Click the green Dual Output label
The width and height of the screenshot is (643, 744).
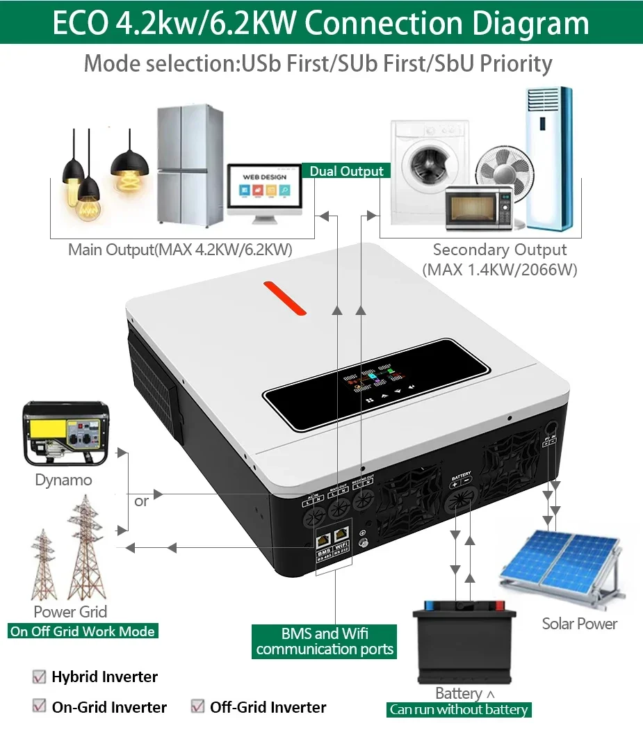[346, 171]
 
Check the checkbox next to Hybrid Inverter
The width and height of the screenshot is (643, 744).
[39, 677]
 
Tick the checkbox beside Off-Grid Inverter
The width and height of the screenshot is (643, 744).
[197, 707]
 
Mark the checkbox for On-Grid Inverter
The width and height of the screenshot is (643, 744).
[39, 707]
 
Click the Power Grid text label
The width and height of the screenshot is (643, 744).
[70, 612]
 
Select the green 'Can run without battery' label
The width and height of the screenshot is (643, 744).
[459, 710]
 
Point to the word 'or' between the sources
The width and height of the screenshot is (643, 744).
[141, 501]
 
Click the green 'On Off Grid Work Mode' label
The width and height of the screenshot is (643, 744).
[83, 631]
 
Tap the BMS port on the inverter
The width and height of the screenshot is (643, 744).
[325, 539]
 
